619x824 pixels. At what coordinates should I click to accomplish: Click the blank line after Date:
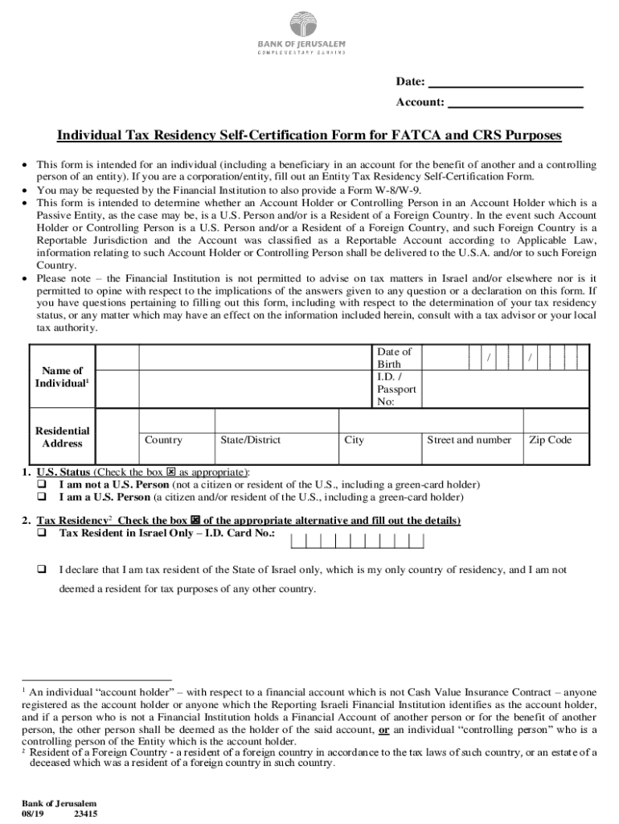coord(505,81)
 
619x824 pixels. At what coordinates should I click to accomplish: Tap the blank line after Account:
coord(514,102)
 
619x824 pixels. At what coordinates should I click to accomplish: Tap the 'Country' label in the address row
coord(163,440)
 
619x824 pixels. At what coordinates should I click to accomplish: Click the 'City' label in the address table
coord(354,440)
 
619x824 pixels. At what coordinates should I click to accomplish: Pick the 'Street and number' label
coord(469,440)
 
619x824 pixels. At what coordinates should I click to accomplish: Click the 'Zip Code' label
coord(551,440)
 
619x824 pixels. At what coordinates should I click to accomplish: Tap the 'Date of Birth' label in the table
coord(394,357)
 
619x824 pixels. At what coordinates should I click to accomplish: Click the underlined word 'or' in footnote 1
coord(384,730)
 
